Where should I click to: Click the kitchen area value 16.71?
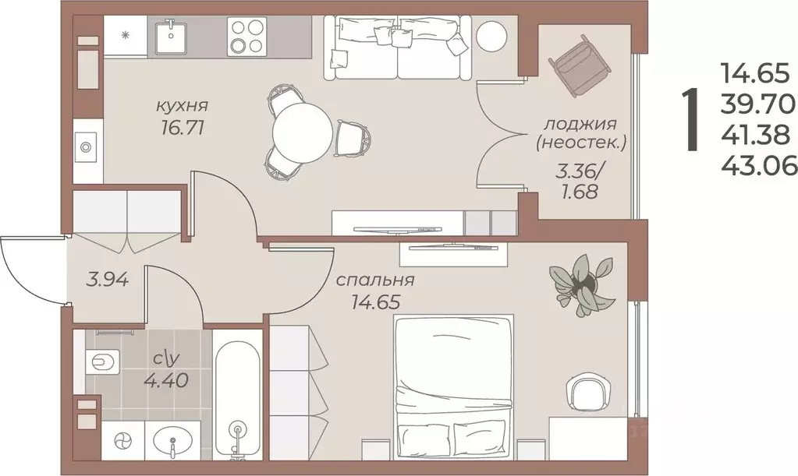[180, 128]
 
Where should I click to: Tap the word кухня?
[181, 105]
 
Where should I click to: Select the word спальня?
[374, 280]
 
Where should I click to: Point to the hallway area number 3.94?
[105, 278]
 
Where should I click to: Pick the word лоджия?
[580, 124]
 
